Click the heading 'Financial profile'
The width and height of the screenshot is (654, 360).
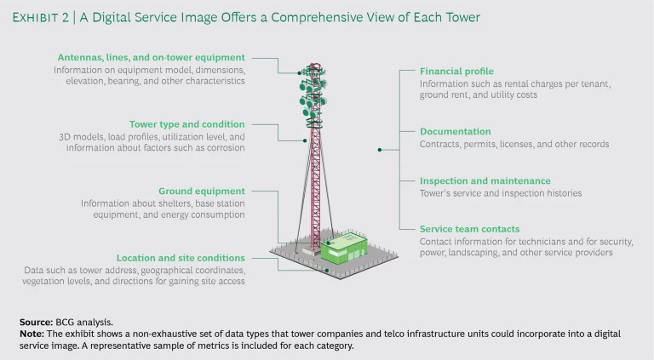[456, 71]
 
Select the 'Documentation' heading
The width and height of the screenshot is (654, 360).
[455, 132]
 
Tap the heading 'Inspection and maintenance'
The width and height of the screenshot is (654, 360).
[485, 180]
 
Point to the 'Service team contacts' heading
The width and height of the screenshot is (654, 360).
[469, 229]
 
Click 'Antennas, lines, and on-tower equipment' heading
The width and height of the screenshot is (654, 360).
[150, 58]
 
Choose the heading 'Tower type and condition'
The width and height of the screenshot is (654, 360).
[186, 124]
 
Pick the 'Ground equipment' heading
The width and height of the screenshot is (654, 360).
[201, 191]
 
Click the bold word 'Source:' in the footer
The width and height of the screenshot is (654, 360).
[35, 322]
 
